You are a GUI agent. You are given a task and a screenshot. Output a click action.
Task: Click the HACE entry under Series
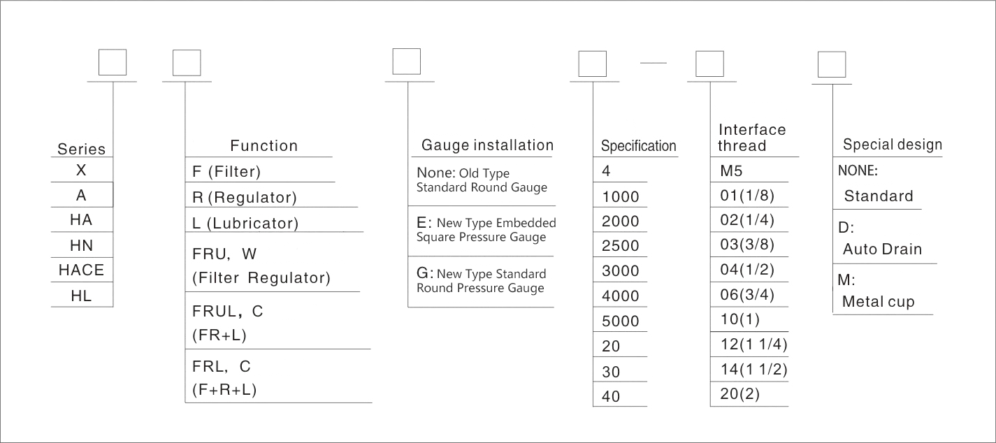coord(82,270)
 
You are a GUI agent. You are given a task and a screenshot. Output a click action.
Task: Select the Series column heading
coord(82,149)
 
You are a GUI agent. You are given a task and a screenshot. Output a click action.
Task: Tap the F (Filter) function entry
coord(226,171)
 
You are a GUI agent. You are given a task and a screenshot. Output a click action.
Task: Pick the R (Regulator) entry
coord(244,198)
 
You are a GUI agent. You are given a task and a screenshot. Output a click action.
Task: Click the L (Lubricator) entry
coord(245,224)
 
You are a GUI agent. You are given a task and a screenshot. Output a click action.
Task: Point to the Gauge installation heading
coord(486,145)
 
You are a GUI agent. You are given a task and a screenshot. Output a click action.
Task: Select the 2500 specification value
coord(621,246)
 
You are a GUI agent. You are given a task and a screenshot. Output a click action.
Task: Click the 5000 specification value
coord(621,321)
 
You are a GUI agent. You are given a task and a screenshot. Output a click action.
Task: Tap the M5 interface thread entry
coord(732,170)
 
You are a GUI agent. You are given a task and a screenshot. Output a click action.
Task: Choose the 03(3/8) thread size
coord(748,245)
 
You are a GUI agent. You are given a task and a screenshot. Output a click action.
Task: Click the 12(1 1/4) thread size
coord(753,344)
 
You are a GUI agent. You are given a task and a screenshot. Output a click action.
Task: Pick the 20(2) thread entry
coord(740,394)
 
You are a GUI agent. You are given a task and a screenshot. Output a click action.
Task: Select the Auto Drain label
coord(882,249)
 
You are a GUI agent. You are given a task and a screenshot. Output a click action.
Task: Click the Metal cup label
coord(879,302)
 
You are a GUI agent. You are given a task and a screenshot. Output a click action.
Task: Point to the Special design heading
coord(893,145)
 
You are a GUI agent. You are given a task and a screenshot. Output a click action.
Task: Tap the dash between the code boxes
coord(654,64)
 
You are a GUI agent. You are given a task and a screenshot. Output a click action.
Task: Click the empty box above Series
coord(112,62)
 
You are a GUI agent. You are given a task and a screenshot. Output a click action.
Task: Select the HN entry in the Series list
coord(82,245)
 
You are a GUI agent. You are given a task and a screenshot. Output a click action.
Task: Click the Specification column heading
coord(639,146)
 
